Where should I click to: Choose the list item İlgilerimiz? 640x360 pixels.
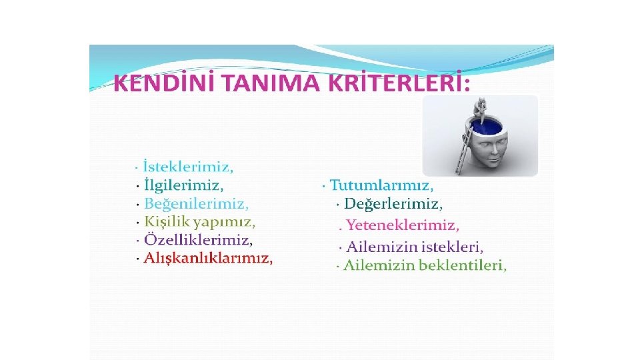[183, 185]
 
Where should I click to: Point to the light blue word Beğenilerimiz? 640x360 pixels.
[196, 203]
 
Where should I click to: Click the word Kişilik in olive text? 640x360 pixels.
[167, 221]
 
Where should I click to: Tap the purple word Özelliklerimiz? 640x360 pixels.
[198, 239]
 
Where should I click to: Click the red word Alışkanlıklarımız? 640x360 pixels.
[208, 258]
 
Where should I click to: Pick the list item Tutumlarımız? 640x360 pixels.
[381, 185]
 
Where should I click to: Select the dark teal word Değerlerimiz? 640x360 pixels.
[393, 203]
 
